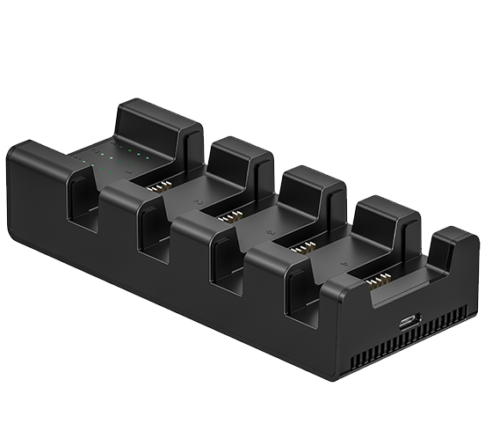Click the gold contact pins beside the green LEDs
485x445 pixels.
[162, 186]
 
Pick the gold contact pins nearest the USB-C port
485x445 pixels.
[375, 281]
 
